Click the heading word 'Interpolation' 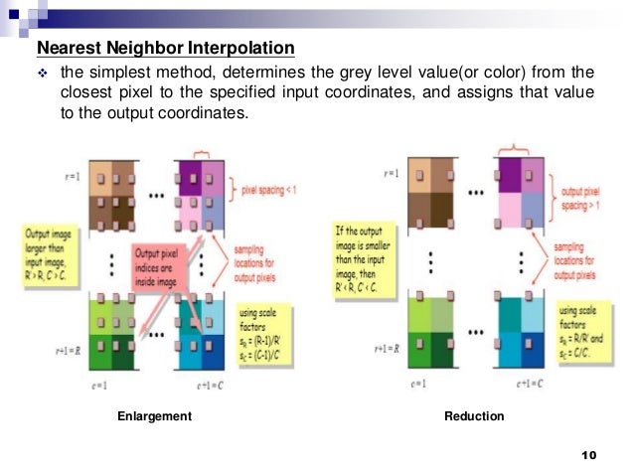tap(238, 49)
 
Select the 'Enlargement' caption tap(154, 416)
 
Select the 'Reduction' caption tap(474, 416)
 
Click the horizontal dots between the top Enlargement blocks tap(155, 193)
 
